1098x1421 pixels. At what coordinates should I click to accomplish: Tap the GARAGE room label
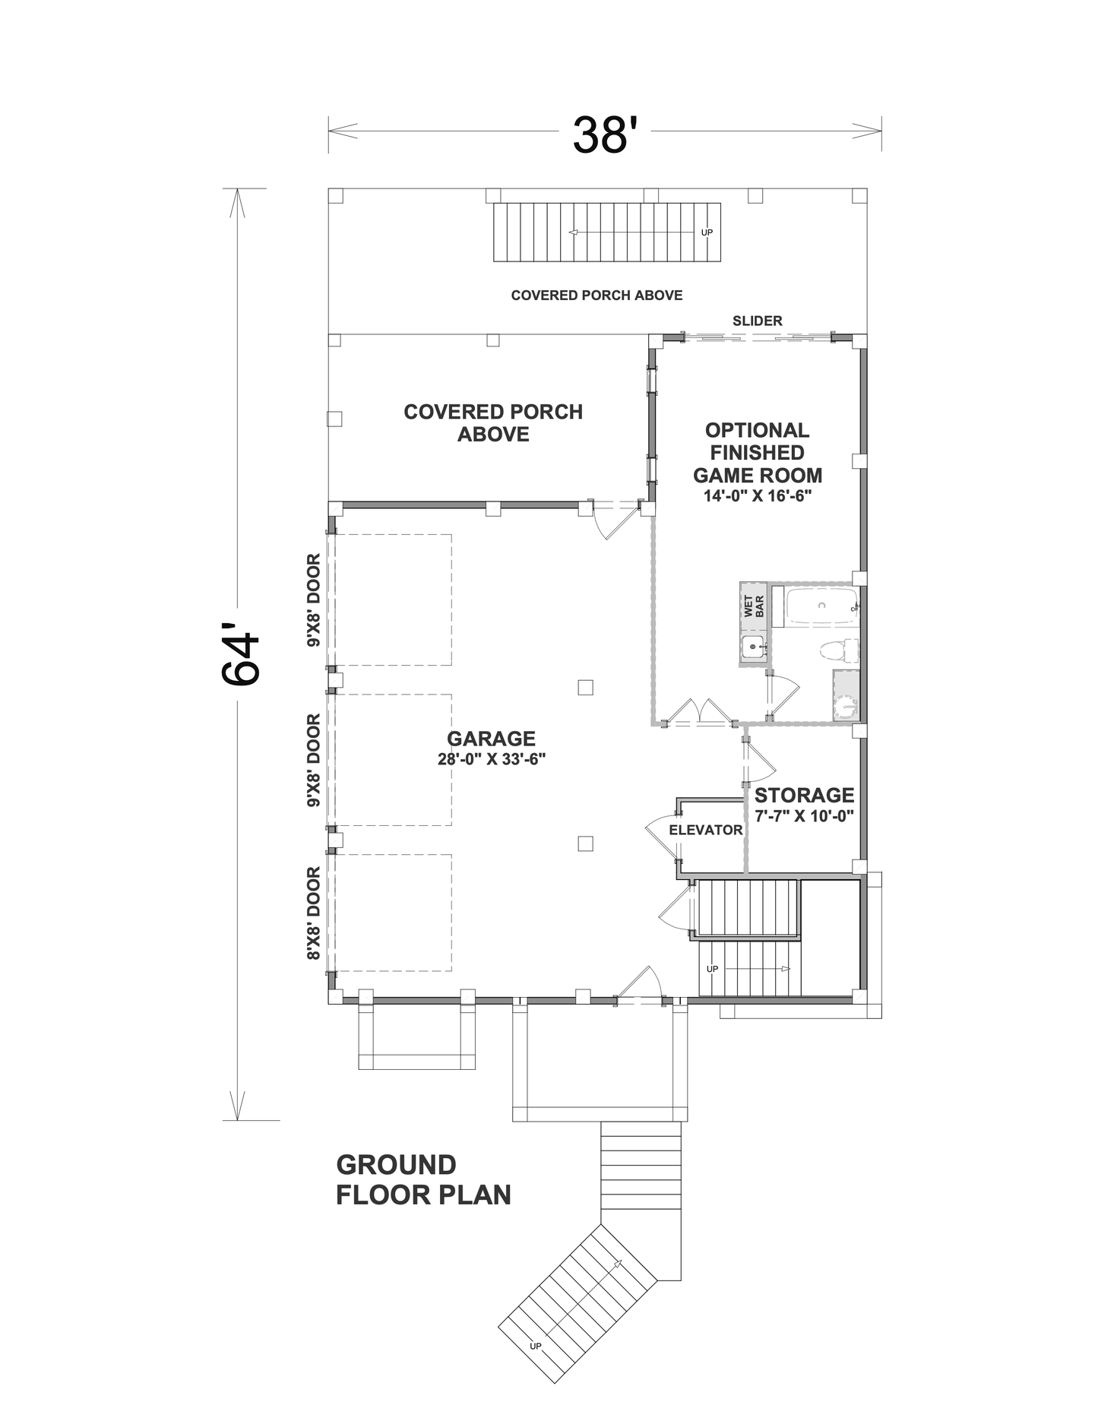tap(491, 739)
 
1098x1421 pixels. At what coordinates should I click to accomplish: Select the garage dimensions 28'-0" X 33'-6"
tap(492, 759)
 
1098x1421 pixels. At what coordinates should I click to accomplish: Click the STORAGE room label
tap(804, 796)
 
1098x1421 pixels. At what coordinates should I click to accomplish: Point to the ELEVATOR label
tap(706, 831)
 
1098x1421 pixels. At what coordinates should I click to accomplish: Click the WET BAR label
tap(754, 606)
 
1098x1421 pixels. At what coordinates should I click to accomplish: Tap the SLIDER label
tap(758, 321)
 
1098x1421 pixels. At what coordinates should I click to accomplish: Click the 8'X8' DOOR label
tap(314, 913)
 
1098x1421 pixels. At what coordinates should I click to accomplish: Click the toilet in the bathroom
tap(839, 651)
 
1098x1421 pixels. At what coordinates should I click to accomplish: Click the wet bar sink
tap(753, 647)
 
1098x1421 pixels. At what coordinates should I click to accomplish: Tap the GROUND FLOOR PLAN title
tap(423, 1179)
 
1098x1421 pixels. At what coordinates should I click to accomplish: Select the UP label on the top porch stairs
tap(707, 233)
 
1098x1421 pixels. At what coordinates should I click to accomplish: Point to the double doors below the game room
tap(699, 711)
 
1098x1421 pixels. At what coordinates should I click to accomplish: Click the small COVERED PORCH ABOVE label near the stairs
tap(596, 296)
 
